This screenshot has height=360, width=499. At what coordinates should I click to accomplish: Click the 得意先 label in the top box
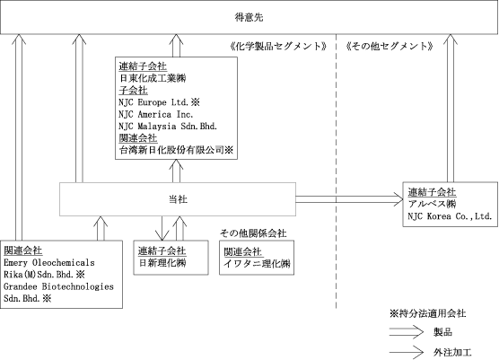(x=249, y=17)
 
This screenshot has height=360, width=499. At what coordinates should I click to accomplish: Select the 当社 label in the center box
(x=178, y=199)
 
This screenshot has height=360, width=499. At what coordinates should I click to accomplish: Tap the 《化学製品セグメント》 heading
(x=278, y=46)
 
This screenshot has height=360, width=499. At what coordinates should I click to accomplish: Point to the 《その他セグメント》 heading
(x=390, y=46)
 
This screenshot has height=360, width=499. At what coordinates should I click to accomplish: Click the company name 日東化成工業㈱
(x=153, y=78)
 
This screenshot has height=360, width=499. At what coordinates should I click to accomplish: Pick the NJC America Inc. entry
(x=156, y=114)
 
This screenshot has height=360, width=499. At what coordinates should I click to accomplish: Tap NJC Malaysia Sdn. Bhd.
(x=168, y=126)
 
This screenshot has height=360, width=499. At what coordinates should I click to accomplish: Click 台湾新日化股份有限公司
(x=171, y=150)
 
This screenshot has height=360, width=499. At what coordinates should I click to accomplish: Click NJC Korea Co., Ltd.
(x=450, y=216)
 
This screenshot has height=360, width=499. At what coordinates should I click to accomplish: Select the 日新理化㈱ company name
(x=162, y=263)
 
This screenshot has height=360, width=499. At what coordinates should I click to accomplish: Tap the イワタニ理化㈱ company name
(x=257, y=264)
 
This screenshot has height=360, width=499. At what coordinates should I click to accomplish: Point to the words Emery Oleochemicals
(x=49, y=263)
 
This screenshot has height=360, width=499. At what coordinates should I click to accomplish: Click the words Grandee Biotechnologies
(x=58, y=286)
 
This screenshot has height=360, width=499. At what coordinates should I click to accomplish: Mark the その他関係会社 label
(x=253, y=233)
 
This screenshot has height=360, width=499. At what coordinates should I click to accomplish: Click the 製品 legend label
(x=442, y=332)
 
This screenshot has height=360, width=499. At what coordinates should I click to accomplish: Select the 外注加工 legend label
(x=452, y=352)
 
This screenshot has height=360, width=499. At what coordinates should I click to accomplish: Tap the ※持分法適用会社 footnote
(x=427, y=313)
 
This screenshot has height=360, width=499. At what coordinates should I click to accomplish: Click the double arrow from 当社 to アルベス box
(x=350, y=199)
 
